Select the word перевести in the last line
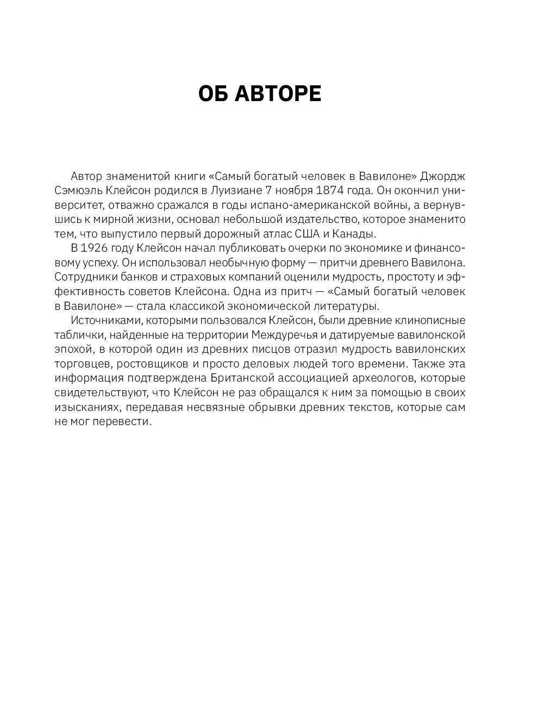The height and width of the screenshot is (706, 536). click(120, 421)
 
